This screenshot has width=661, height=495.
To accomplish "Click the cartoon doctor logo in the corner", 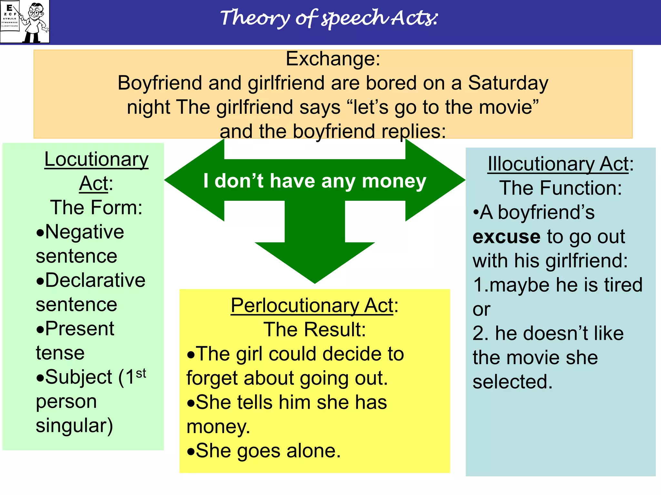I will (25, 22).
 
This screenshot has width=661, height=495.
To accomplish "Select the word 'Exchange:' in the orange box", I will (333, 59).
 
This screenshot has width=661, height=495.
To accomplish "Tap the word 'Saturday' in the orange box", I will (508, 83).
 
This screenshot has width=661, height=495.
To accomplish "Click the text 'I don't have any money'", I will (315, 181).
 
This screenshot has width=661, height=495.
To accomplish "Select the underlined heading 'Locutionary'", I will (96, 159).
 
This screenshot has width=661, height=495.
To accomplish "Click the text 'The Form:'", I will (96, 207).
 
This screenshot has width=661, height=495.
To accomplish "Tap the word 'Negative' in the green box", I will (84, 232).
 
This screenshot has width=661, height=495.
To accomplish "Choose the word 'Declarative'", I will (95, 280).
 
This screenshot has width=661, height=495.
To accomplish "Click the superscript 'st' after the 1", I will (141, 373).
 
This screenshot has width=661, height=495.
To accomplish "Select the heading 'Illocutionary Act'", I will (558, 164).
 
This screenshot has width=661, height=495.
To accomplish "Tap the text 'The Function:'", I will (560, 188).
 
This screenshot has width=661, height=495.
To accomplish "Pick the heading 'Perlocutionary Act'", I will (312, 305).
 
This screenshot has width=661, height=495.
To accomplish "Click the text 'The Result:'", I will (315, 329).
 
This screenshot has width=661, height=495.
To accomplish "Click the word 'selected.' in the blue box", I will (512, 382).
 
